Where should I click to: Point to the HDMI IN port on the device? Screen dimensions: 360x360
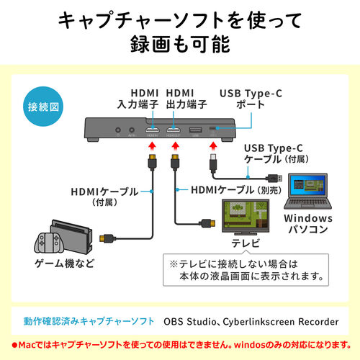coord(152,131)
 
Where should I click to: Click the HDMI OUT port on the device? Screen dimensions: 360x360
coord(174,131)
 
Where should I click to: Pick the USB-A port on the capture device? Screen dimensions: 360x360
coord(196,131)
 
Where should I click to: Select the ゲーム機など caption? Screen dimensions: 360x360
coord(64,264)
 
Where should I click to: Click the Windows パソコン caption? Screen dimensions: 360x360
coord(308,224)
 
